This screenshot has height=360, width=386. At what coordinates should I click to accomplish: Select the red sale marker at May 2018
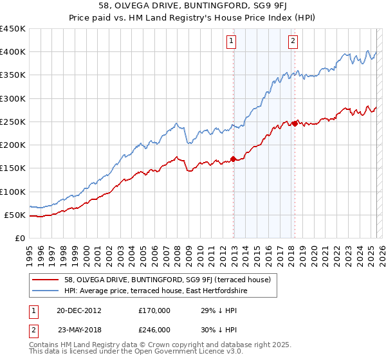pos(295,123)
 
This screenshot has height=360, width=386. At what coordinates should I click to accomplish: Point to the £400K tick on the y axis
pos(13,52)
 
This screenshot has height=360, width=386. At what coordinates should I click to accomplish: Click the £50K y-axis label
pos(15,215)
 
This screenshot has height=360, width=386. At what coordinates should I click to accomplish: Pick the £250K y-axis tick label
pos(13,122)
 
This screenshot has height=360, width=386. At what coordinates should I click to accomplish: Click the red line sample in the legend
pos(46,280)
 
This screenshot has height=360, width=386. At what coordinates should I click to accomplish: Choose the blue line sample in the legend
pos(46,291)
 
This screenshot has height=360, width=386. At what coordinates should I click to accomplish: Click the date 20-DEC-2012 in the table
pos(78,310)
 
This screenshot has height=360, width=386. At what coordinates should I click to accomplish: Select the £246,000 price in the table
pos(154,330)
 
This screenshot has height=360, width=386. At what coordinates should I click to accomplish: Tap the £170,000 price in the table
pos(154,310)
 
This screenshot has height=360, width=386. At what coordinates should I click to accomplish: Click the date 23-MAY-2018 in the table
pos(78,330)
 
